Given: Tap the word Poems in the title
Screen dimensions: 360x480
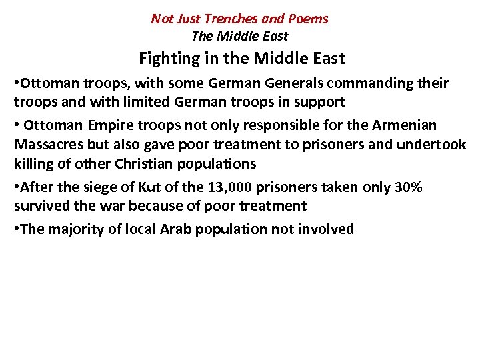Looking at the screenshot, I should pos(308,19).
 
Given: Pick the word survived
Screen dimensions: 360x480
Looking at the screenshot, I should pos(41,205).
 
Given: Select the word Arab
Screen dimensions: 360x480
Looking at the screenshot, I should pos(174,229).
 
